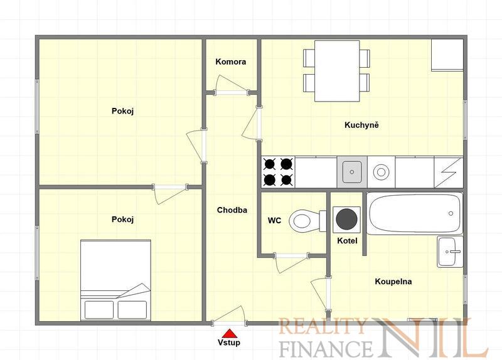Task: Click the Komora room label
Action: pos(230,61)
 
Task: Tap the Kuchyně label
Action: pos(361,125)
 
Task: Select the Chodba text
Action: pos(232,210)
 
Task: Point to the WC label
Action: pos(274,221)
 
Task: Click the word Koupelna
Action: pos(393,282)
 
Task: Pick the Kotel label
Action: pos(347,241)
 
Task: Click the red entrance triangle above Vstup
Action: pos(230,334)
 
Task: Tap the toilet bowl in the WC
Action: pos(307,221)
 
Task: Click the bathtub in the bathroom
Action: pos(414,213)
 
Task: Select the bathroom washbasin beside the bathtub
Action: pos(450,252)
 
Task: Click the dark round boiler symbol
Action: pos(346,220)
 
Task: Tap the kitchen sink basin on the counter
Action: pos(352,172)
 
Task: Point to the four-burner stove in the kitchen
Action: pos(278,172)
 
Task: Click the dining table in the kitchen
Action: pos(337,71)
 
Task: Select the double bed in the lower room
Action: pos(115,280)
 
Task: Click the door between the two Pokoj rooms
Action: pos(169,194)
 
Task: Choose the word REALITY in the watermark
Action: pos(323,326)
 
